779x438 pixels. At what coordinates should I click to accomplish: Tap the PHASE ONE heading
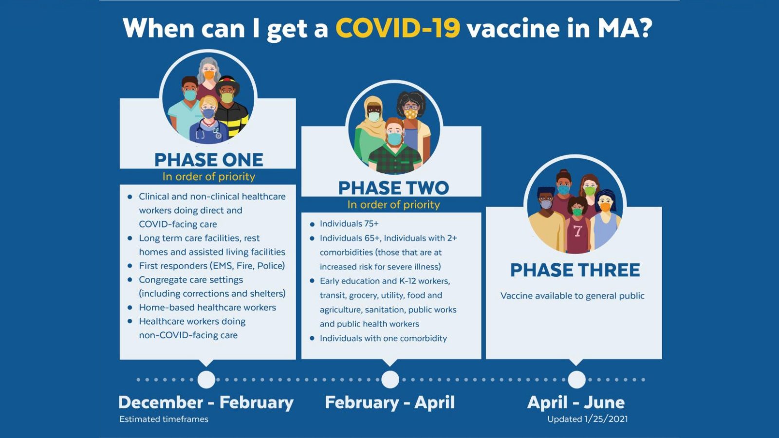(x=209, y=160)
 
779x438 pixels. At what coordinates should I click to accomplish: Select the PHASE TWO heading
(x=394, y=188)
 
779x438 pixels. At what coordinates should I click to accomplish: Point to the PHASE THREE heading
(x=575, y=270)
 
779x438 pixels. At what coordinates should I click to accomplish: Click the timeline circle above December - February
(x=206, y=380)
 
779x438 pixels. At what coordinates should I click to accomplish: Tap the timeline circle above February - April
(x=390, y=380)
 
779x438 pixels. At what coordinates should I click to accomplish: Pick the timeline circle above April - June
(x=576, y=380)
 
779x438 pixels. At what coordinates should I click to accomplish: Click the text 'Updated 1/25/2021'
(x=587, y=419)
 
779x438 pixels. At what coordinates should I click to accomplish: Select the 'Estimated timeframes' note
(x=164, y=419)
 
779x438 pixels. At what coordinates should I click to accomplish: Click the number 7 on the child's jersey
(x=577, y=231)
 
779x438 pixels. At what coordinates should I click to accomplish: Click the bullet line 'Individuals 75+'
(x=349, y=223)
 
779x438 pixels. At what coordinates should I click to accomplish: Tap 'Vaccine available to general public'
(x=573, y=296)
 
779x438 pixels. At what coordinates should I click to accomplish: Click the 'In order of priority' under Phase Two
(x=394, y=205)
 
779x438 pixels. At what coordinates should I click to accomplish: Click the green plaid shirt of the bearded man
(x=395, y=160)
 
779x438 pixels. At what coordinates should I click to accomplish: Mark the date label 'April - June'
(x=576, y=402)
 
